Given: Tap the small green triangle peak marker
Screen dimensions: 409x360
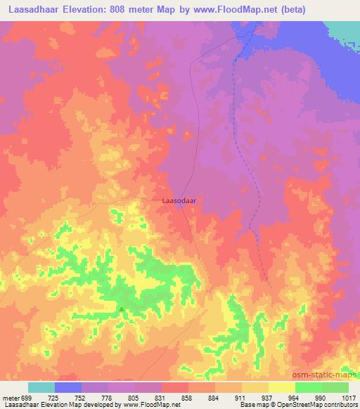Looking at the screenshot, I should tap(122, 309).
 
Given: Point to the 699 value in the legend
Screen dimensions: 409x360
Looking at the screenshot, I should tap(27, 398).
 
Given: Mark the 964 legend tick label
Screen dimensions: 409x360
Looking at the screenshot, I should tap(295, 398).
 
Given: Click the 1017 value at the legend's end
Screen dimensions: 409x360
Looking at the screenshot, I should tap(348, 398).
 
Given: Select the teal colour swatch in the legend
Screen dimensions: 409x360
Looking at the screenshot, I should tap(41, 387).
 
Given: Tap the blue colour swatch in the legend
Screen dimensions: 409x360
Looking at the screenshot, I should tap(68, 387).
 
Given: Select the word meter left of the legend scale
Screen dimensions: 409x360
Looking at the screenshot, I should tap(11, 398).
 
